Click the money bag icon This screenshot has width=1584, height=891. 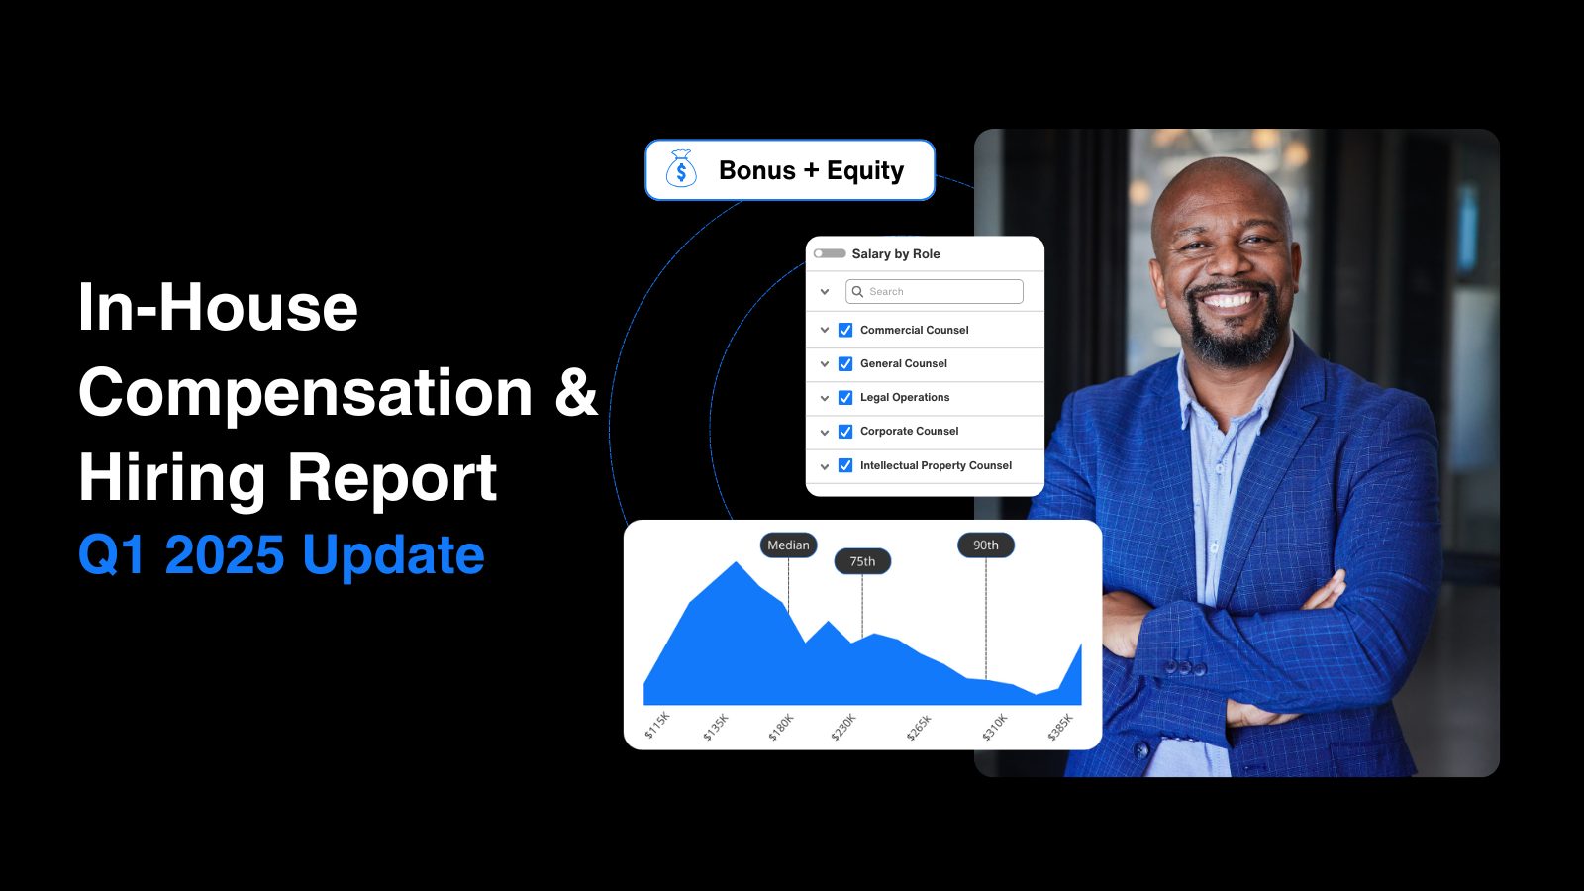tap(681, 169)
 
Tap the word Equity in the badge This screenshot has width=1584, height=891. tap(865, 171)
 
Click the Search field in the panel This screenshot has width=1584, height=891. tap(935, 291)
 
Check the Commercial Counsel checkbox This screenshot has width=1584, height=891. tap(845, 330)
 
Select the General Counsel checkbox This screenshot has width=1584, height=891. tap(845, 364)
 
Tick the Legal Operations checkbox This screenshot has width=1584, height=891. tap(845, 398)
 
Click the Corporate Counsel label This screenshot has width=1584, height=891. tap(909, 432)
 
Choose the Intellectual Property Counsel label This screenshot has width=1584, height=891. tap(936, 465)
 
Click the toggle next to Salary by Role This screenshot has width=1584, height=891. tap(830, 253)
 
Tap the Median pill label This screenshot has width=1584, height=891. tap(788, 545)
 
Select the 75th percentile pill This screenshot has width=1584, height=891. tap(862, 561)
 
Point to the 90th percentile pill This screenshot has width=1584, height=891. tap(986, 545)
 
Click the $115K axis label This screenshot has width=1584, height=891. tap(657, 725)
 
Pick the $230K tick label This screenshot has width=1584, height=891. tap(843, 727)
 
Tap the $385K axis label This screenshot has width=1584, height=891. tap(1060, 727)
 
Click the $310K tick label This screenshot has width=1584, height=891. tap(995, 727)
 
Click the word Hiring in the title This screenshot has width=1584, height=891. tap(172, 478)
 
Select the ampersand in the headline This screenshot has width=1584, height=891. tap(576, 392)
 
